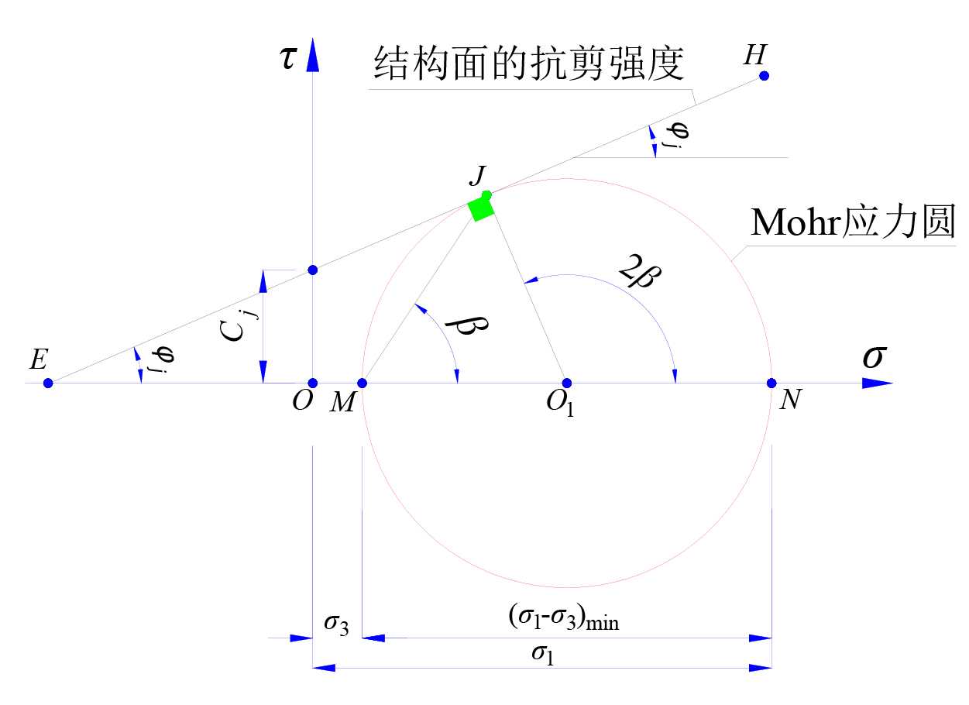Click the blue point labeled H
764,76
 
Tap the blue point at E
48,383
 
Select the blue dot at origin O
313,383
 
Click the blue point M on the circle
362,383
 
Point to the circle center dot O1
566,383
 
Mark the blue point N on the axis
771,383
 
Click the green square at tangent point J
481,208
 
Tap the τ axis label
288,59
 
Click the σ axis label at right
875,357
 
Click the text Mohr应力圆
853,225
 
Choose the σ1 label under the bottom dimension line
542,655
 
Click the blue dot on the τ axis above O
313,270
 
